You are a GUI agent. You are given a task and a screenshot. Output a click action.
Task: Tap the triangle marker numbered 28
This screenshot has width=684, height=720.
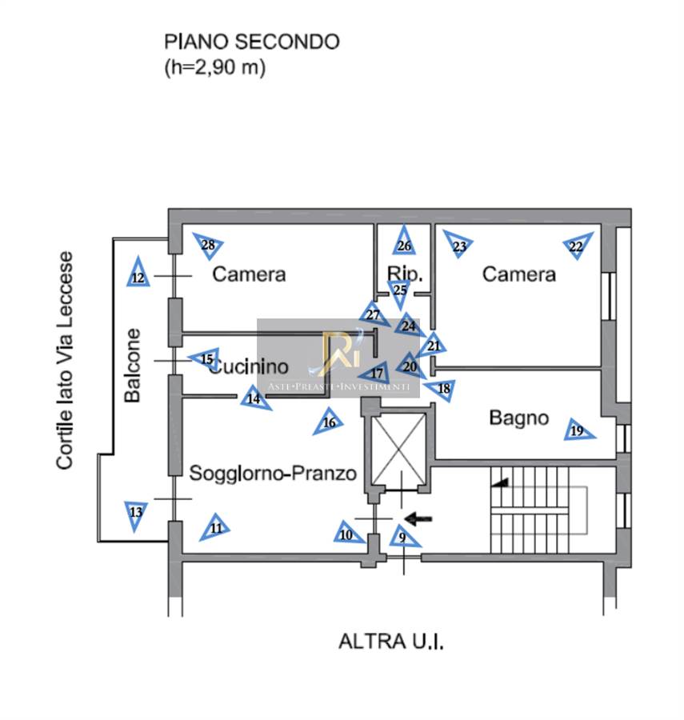point(209,246)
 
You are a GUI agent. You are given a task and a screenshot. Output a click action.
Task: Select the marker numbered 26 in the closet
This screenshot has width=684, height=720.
point(405,244)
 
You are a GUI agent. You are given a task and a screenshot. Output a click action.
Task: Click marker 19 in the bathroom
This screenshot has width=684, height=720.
point(577,430)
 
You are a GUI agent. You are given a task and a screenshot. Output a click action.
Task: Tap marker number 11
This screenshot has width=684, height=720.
point(215,527)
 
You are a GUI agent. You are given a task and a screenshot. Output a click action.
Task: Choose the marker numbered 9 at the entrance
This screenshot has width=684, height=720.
point(402,537)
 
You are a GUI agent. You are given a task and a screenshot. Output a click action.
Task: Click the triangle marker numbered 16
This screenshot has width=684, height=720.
point(328,421)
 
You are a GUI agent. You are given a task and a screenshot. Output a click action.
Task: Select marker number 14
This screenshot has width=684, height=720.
point(254,398)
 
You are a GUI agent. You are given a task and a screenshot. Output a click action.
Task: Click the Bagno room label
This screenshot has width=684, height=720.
point(519,417)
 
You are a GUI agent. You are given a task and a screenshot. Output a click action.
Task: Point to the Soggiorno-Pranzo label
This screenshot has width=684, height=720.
point(272,473)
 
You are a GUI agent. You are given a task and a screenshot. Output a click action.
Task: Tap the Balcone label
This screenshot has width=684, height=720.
point(133,365)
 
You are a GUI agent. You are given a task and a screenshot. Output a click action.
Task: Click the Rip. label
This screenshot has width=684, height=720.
point(405,273)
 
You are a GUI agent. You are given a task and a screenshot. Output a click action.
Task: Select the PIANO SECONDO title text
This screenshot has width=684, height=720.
point(251,42)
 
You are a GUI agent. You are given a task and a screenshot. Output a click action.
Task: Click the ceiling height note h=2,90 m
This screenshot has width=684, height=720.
point(214,68)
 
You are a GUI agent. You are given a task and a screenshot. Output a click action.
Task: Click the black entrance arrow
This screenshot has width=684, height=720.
point(418,518)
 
